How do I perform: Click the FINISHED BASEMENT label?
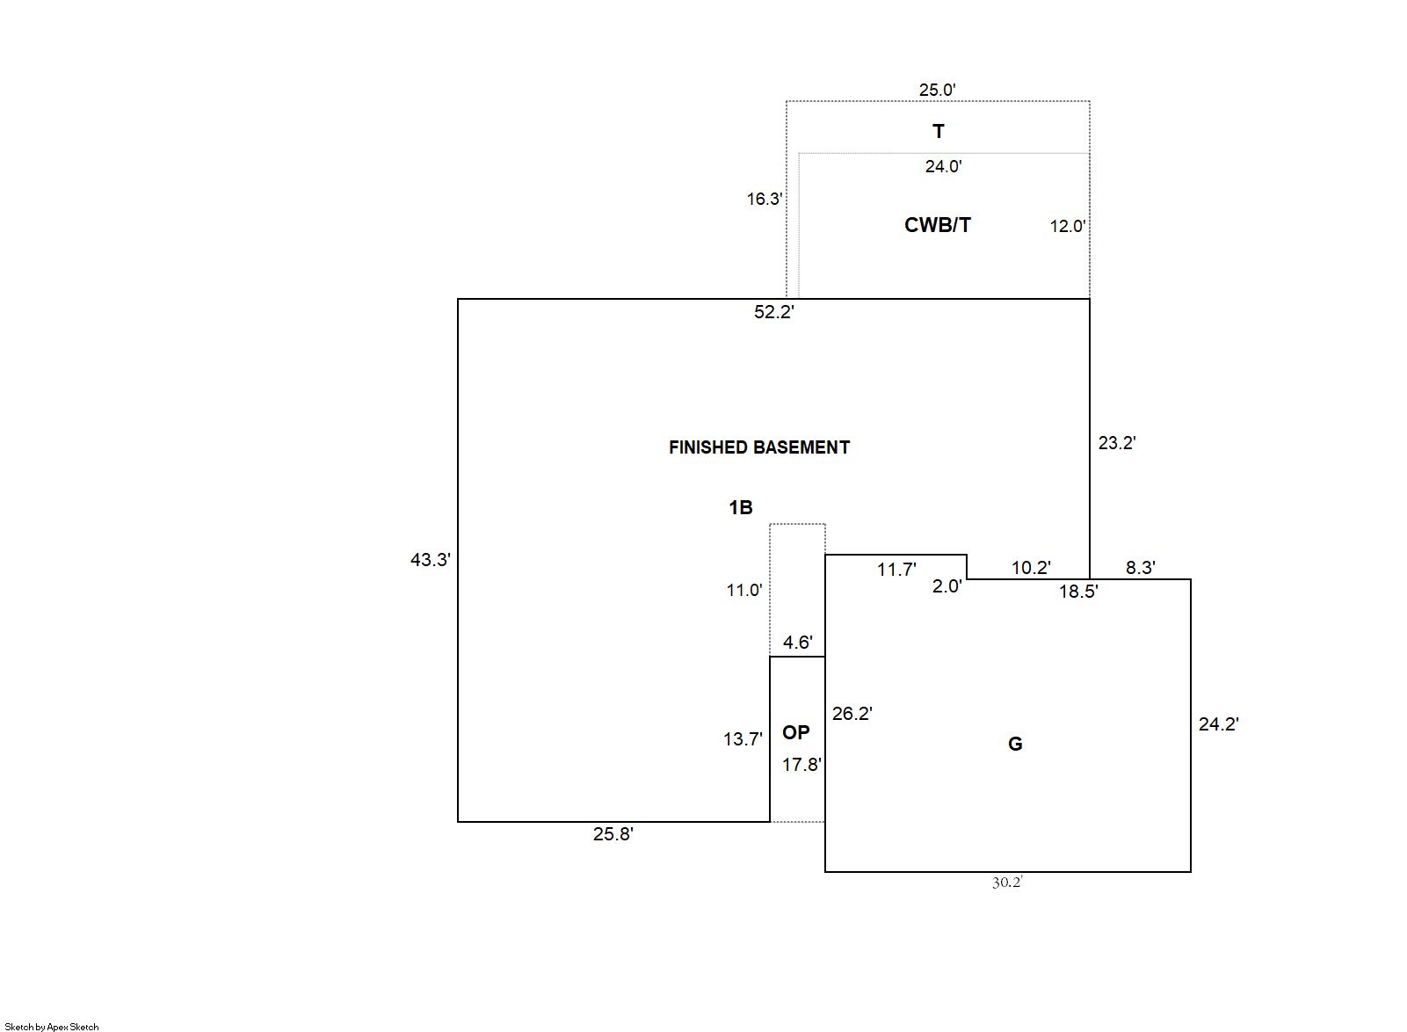[x=758, y=447]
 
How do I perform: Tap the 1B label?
[x=740, y=507]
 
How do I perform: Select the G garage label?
[x=1014, y=744]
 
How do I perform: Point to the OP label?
[x=795, y=732]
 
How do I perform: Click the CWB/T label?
[x=937, y=225]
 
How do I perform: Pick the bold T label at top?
[x=938, y=132]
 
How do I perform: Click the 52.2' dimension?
[x=773, y=312]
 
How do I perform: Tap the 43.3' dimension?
[x=430, y=559]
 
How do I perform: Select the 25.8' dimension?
[x=613, y=834]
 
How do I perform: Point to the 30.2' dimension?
[x=1007, y=883]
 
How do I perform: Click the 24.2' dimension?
[x=1218, y=724]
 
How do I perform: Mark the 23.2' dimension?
[x=1116, y=443]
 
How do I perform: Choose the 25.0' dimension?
[x=937, y=90]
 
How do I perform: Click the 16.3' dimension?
[x=764, y=199]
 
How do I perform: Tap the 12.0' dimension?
[x=1067, y=226]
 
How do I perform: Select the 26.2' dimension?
[x=852, y=714]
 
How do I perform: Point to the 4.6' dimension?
[x=797, y=643]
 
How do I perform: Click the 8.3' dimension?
[x=1140, y=568]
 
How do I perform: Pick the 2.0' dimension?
[x=946, y=586]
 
